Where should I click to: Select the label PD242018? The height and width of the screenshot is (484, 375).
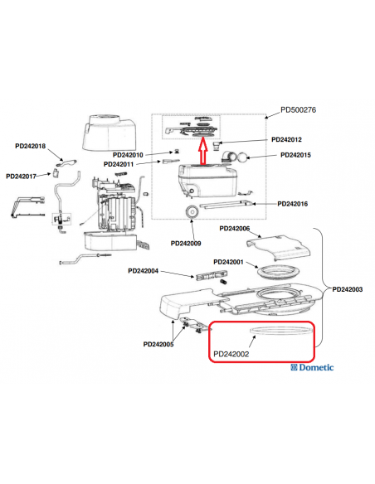click(x=32, y=147)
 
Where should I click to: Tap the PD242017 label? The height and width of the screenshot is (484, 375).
click(x=22, y=176)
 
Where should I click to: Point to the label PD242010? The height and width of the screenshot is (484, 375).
click(x=127, y=155)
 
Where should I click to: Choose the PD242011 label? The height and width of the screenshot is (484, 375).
click(x=120, y=165)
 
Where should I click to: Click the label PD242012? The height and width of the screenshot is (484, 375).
click(x=287, y=140)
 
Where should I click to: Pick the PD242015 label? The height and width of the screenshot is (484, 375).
click(x=296, y=155)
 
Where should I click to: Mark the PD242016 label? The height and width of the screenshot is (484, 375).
click(x=293, y=204)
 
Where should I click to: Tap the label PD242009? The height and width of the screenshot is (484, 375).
click(x=186, y=243)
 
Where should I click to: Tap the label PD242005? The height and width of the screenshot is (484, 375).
click(x=158, y=344)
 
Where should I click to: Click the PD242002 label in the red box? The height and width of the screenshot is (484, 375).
click(x=231, y=355)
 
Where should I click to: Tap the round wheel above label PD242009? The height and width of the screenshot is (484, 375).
click(x=192, y=211)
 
